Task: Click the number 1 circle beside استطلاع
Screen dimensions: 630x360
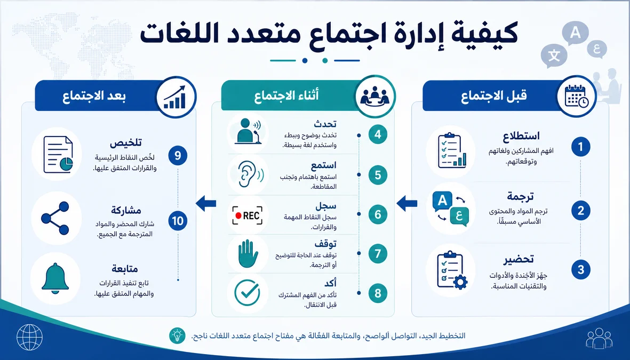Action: pyautogui.click(x=580, y=147)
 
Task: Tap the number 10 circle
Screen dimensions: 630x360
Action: pyautogui.click(x=178, y=221)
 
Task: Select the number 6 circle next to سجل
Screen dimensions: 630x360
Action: pyautogui.click(x=378, y=214)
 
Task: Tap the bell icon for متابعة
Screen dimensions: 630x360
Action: pyautogui.click(x=55, y=278)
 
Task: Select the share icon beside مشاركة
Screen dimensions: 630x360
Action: pyautogui.click(x=55, y=218)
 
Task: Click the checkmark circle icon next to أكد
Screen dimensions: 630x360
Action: pyautogui.click(x=247, y=293)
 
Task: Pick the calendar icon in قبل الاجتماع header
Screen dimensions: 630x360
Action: pyautogui.click(x=577, y=97)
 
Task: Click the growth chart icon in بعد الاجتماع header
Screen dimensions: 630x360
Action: pyautogui.click(x=175, y=97)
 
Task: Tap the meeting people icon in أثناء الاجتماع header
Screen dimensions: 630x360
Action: pyautogui.click(x=374, y=96)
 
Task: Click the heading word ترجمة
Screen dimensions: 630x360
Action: pyautogui.click(x=520, y=197)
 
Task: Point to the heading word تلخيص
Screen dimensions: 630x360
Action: pyautogui.click(x=126, y=142)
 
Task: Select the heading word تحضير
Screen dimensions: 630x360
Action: pyautogui.click(x=519, y=259)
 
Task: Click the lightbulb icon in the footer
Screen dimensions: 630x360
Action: pyautogui.click(x=177, y=335)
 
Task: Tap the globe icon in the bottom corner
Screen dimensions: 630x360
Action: pyautogui.click(x=29, y=337)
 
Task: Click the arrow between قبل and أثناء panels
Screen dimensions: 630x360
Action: pyautogui.click(x=406, y=203)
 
